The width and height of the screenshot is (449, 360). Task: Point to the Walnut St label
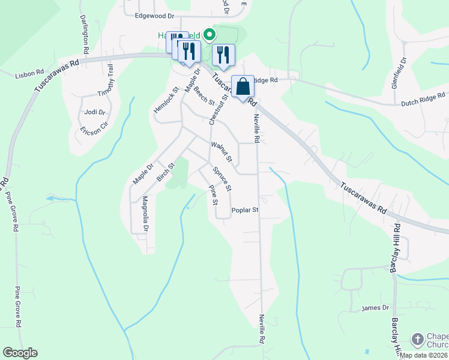[x=221, y=152]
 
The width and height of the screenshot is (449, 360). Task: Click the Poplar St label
[x=245, y=211]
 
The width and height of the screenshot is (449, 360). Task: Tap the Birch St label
[x=165, y=172]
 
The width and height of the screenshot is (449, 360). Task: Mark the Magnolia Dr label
[x=145, y=214]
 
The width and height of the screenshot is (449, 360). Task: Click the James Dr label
[x=376, y=308]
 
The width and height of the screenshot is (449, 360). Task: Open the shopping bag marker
[x=243, y=86]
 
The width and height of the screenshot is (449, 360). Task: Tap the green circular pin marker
[x=209, y=35]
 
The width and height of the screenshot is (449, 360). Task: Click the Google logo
[x=20, y=353]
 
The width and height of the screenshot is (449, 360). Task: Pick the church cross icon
[x=417, y=340]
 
